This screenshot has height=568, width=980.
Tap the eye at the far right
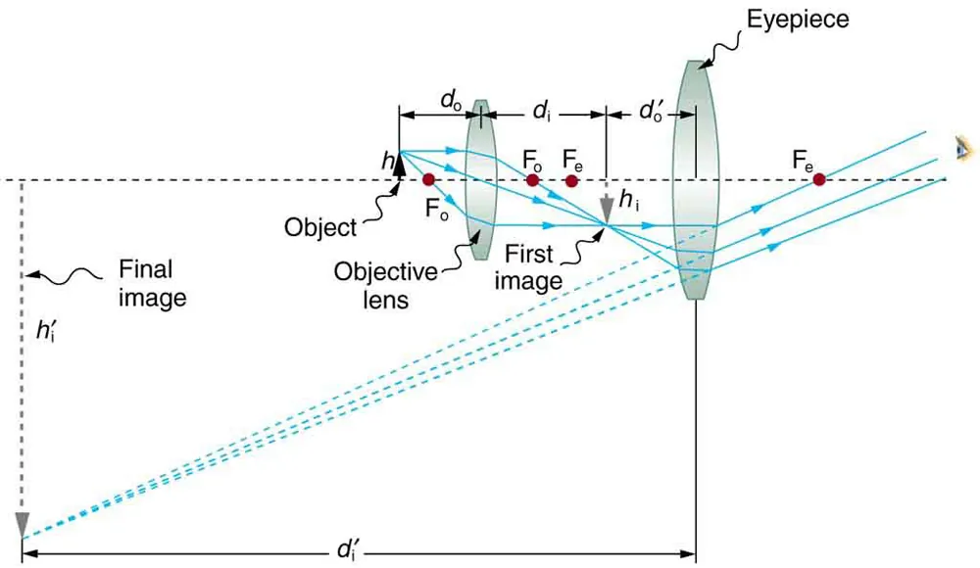click(x=965, y=148)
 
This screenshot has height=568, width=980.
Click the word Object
click(x=320, y=227)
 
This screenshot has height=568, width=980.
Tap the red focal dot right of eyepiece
click(x=818, y=179)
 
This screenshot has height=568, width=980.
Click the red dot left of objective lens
click(x=428, y=180)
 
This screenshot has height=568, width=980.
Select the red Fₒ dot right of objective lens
click(x=532, y=180)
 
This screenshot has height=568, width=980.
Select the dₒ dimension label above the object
click(x=451, y=99)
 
